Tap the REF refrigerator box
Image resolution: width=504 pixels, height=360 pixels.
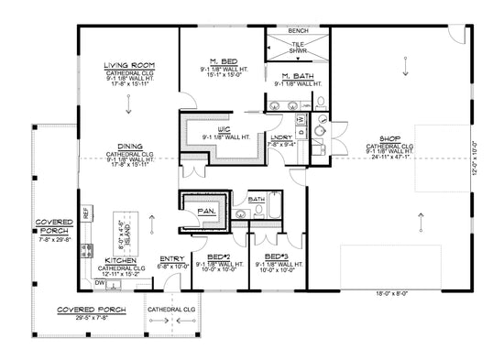(x=86, y=213)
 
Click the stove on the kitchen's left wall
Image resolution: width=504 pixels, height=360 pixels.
(x=86, y=247)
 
